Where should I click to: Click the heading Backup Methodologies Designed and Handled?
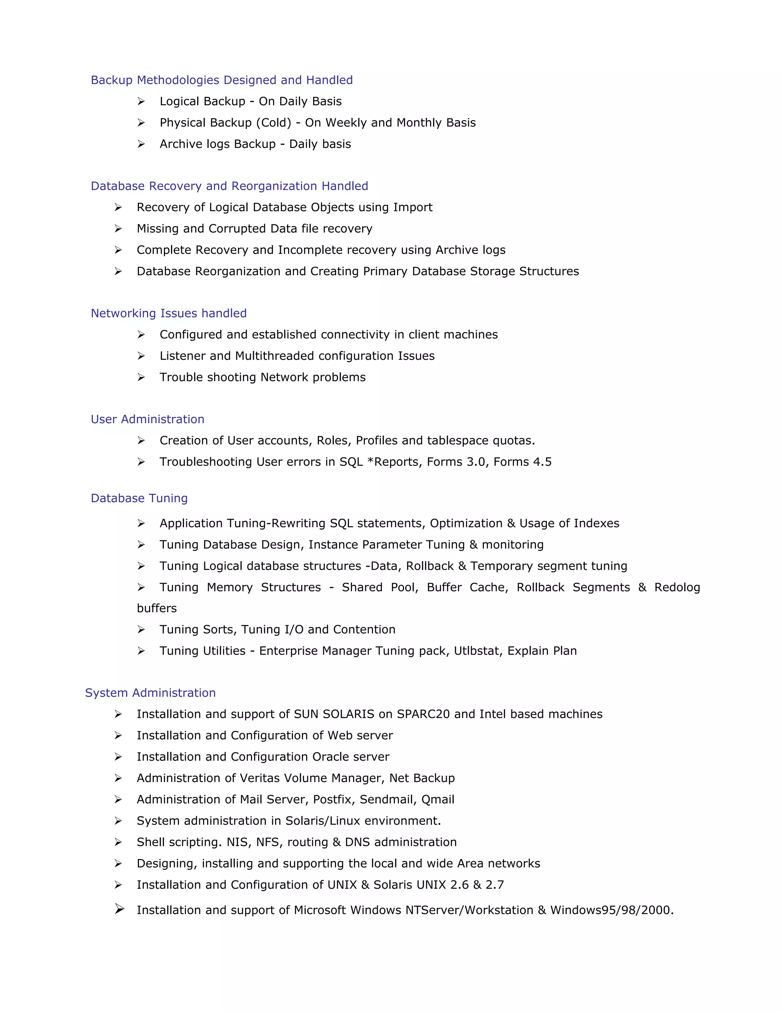(x=221, y=80)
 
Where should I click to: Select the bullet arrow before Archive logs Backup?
(x=141, y=144)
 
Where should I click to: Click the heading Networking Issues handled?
(x=169, y=313)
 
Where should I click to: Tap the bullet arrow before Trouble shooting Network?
(x=141, y=377)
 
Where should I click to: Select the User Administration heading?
(x=147, y=419)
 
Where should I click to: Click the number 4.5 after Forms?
(x=542, y=462)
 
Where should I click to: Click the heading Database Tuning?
(x=139, y=498)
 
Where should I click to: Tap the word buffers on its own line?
(x=157, y=608)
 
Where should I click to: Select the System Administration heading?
(x=150, y=693)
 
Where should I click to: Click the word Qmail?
(x=438, y=800)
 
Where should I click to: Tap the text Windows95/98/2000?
(x=612, y=910)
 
